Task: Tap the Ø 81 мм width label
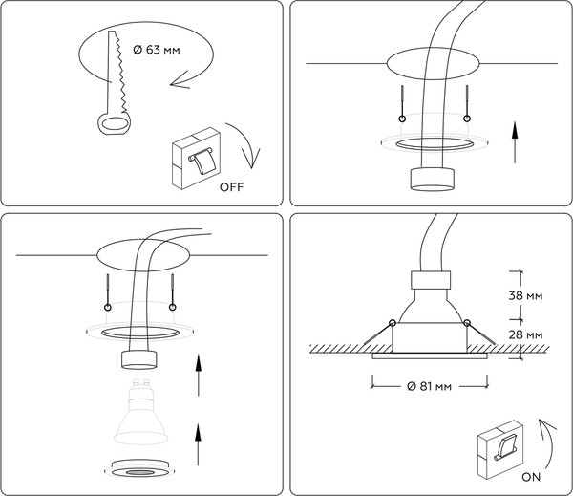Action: (425, 386)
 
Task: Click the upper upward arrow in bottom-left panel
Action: (198, 376)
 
